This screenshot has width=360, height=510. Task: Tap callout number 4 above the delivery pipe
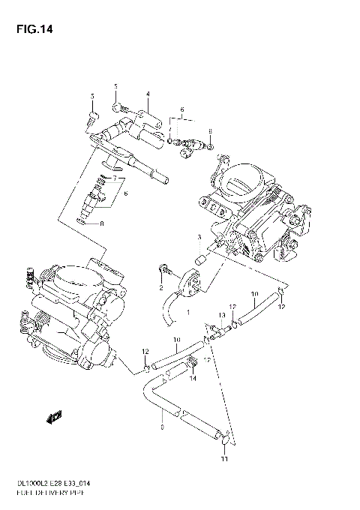(x=148, y=94)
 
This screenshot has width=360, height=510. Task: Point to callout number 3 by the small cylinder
(x=199, y=238)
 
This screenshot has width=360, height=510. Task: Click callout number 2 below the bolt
(x=160, y=287)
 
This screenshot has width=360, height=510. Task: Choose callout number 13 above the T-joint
(x=221, y=315)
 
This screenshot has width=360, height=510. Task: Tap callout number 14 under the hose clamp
(x=193, y=379)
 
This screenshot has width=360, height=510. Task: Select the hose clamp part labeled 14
(x=193, y=364)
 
